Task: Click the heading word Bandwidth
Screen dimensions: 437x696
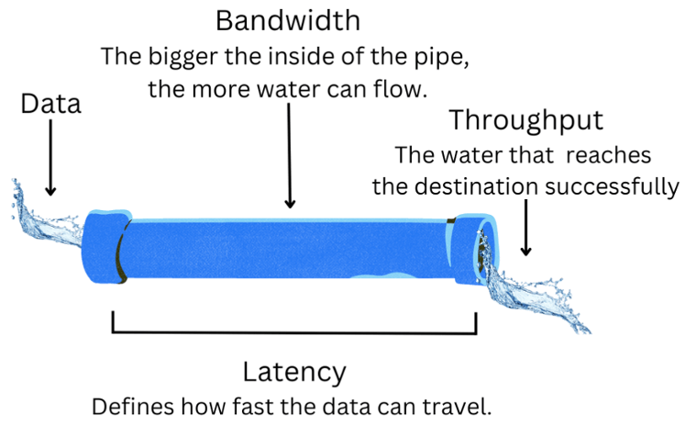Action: [288, 20]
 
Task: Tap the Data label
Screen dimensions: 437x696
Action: [50, 104]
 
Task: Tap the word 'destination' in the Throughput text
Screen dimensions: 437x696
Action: [479, 186]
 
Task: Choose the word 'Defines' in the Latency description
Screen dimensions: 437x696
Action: [129, 407]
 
